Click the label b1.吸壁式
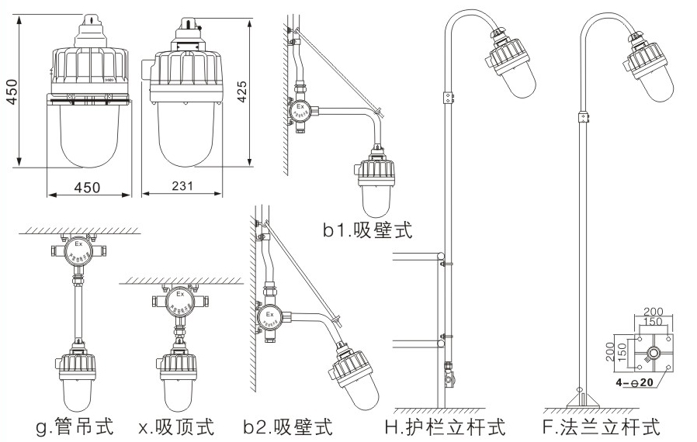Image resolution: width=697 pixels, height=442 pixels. click(368, 230)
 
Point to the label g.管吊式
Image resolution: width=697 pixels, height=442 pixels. click(75, 426)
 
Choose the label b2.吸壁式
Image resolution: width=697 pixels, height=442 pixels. click(287, 426)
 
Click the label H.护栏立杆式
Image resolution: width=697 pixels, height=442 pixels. click(445, 426)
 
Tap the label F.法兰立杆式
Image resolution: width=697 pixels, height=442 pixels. click(602, 426)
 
